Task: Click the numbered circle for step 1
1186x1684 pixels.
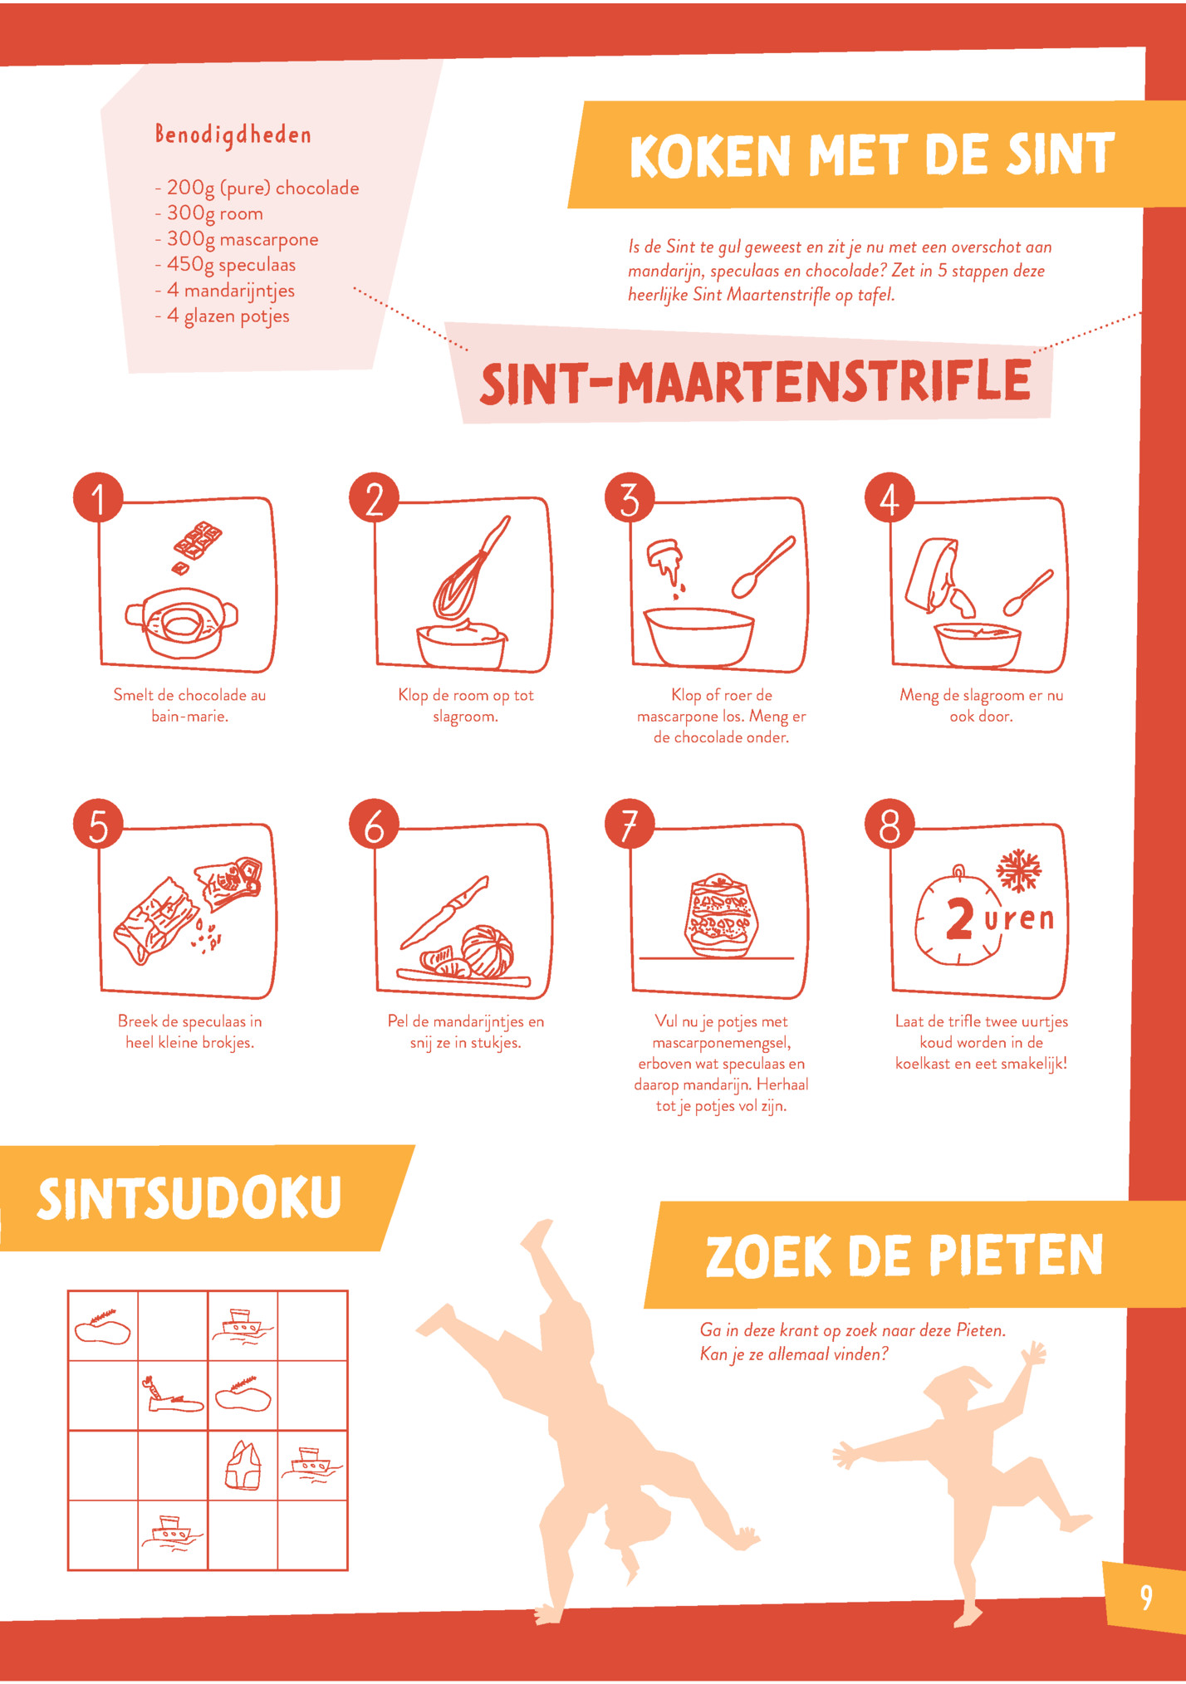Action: point(98,498)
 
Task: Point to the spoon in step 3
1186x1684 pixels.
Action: point(762,567)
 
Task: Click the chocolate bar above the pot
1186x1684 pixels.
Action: point(197,541)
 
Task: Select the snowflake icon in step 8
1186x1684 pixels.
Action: point(1018,870)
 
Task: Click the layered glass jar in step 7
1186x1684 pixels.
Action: point(721,915)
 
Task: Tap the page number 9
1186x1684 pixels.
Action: point(1146,1596)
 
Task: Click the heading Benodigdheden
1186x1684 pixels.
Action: point(233,135)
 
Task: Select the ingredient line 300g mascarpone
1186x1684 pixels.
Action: point(243,239)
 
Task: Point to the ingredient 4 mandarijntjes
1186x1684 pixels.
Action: point(231,291)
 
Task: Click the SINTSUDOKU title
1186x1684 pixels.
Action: point(189,1197)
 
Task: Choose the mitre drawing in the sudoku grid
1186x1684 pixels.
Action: point(243,1465)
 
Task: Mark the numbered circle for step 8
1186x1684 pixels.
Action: point(889,825)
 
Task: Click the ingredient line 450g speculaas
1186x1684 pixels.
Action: point(231,265)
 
